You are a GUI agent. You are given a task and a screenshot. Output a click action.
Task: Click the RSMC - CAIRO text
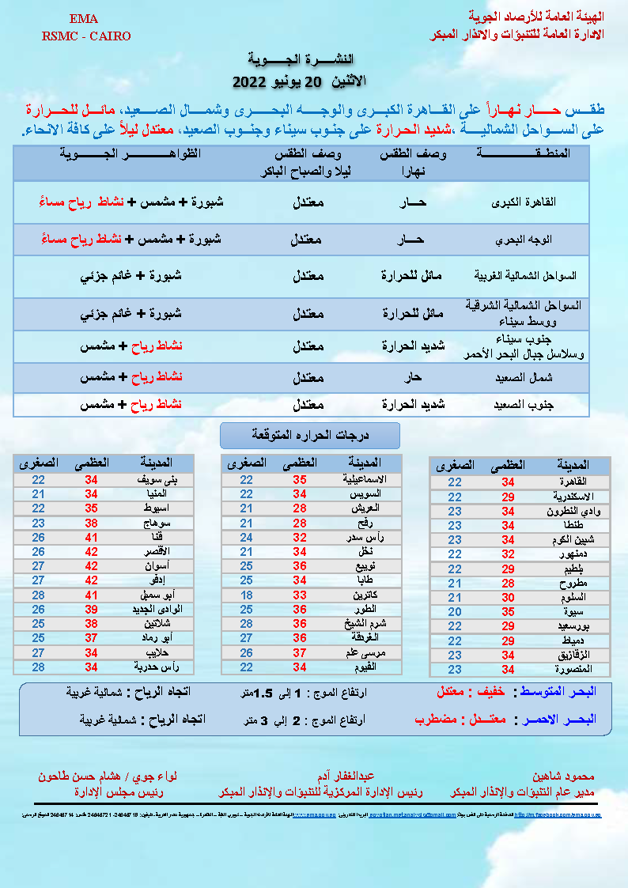coord(83,36)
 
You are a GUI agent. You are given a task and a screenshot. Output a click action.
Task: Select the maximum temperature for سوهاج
coord(91,523)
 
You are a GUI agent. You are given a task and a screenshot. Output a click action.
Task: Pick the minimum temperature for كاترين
coord(247,595)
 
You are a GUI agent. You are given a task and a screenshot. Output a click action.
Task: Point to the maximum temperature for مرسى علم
coord(301,652)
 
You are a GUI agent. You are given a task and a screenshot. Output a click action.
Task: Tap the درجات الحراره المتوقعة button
coord(310,435)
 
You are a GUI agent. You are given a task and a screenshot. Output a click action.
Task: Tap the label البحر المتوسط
coord(555,692)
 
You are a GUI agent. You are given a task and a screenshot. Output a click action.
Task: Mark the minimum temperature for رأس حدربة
coord(38,667)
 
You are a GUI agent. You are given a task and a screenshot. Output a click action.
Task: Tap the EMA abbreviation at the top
coord(83,18)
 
